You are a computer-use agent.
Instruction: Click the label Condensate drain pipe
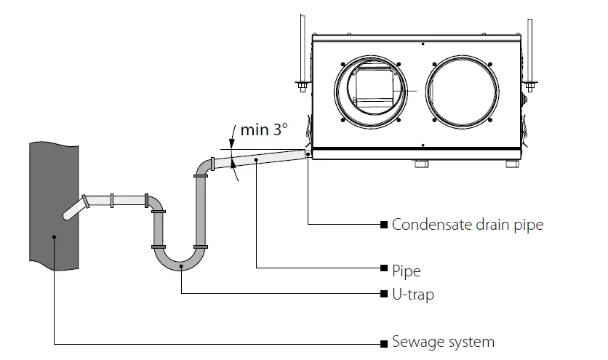click(x=467, y=224)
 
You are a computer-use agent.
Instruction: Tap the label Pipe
click(x=406, y=271)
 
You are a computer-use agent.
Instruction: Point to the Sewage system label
click(x=443, y=342)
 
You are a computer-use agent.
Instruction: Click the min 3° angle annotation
click(x=264, y=131)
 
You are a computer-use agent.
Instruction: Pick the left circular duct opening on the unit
click(x=373, y=89)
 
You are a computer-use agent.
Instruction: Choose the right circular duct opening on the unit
click(x=463, y=89)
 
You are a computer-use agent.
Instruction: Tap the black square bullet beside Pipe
click(x=383, y=270)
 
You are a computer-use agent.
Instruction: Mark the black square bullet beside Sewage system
click(x=383, y=342)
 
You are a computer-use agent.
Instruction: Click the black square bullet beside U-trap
click(x=383, y=295)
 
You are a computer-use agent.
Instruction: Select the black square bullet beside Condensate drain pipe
click(x=383, y=224)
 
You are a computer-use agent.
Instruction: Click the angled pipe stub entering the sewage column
click(x=74, y=207)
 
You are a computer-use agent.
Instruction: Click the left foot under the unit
click(x=420, y=164)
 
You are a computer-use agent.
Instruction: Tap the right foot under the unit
click(x=512, y=164)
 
